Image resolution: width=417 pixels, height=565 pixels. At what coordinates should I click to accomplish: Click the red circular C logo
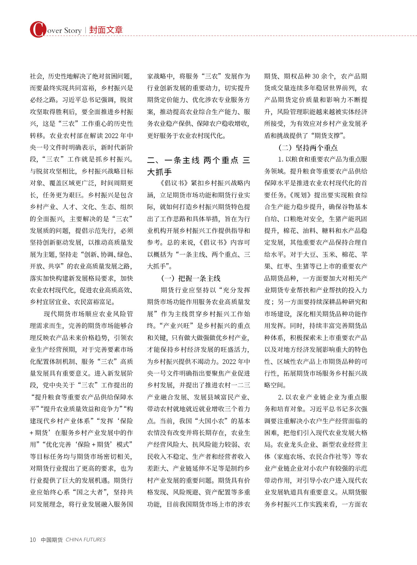click(38, 29)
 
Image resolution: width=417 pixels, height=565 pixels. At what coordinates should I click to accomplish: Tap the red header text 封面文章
click(106, 30)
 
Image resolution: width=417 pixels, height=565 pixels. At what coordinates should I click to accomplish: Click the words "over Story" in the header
click(64, 31)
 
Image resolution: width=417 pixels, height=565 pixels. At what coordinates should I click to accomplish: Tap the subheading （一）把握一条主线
click(191, 278)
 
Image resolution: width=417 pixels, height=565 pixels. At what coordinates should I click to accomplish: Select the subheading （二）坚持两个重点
click(308, 147)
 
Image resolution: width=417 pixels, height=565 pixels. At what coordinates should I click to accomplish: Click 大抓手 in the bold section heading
click(159, 172)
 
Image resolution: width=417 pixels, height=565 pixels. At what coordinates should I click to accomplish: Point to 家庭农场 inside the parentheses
click(288, 456)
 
